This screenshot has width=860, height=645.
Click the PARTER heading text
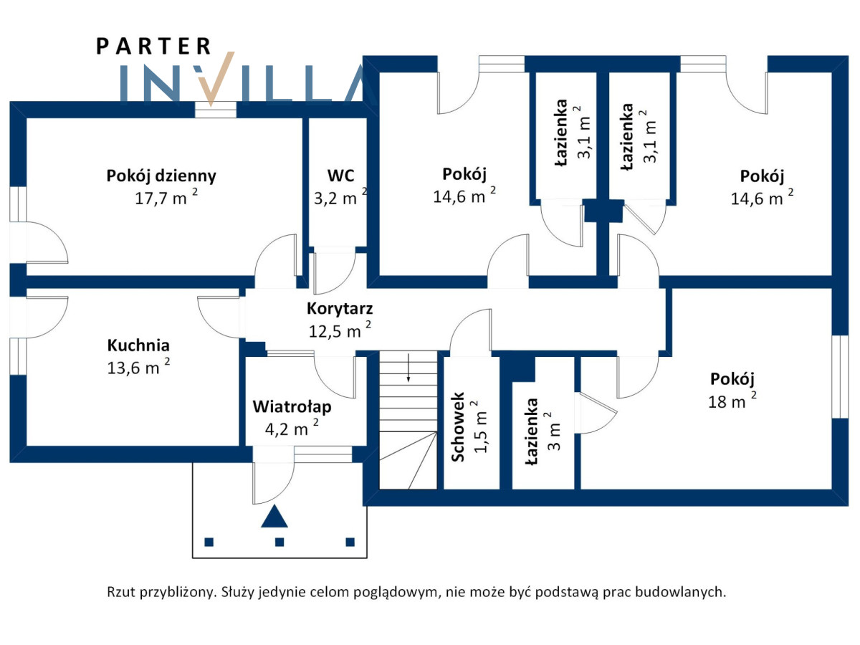153,47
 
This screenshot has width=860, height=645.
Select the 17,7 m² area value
165,198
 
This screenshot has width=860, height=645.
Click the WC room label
340,176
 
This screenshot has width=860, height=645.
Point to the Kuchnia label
138,345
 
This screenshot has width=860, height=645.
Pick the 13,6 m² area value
137,368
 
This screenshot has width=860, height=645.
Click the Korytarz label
340,310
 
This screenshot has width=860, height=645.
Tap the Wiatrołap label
292,407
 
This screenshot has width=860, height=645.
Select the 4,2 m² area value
291,429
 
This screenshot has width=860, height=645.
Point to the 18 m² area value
732,401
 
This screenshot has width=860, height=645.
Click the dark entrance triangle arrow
274,517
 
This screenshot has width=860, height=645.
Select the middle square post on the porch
280,542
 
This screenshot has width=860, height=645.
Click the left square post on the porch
209,542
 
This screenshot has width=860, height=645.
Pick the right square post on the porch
350,542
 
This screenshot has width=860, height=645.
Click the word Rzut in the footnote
121,593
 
